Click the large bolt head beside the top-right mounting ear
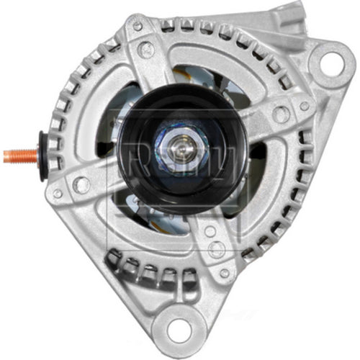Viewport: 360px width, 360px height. [280, 114]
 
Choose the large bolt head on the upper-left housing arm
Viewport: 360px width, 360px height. [147, 49]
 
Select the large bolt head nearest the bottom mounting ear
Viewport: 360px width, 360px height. [214, 249]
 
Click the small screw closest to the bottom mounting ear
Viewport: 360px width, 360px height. [224, 274]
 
